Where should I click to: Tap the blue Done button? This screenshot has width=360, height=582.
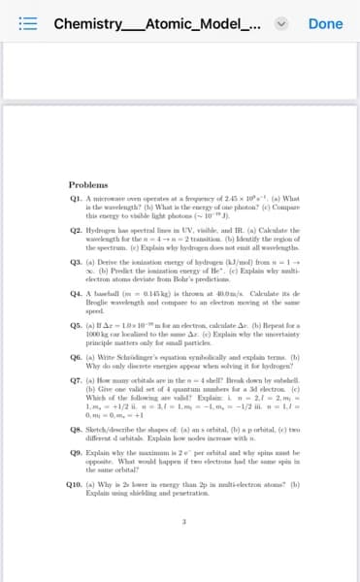pos(325,23)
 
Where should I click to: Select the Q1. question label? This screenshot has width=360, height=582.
pos(77,198)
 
